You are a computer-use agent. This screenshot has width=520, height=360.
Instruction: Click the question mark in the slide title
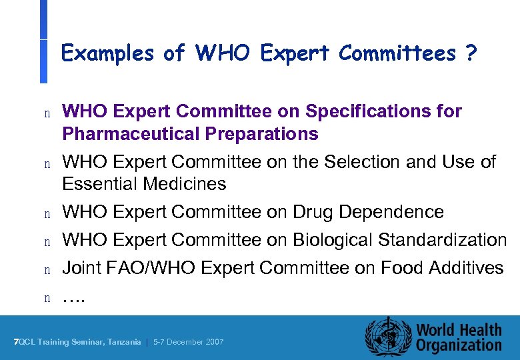tap(471, 53)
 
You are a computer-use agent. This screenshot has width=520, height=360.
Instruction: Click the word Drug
tap(313, 212)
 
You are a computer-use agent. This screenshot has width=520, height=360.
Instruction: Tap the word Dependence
tap(391, 212)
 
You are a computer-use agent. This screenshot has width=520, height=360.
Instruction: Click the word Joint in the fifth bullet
tap(80, 268)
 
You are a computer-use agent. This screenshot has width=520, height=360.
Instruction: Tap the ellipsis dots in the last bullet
tap(74, 298)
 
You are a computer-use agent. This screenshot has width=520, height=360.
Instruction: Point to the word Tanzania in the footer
tap(124, 342)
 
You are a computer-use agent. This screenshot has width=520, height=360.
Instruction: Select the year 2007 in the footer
tap(213, 342)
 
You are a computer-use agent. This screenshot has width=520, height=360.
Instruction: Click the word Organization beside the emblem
tap(459, 345)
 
